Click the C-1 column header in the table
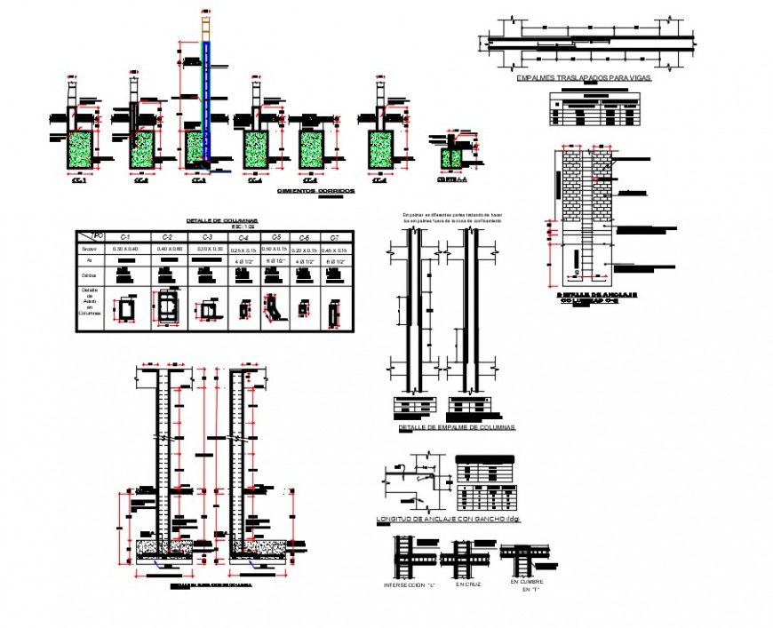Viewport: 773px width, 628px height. [x=125, y=237]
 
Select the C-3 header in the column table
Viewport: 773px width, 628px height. [x=207, y=237]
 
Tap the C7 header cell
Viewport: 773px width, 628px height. [x=334, y=237]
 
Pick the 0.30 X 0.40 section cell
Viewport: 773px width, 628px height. [x=125, y=250]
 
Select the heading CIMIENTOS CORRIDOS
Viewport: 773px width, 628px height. [x=315, y=191]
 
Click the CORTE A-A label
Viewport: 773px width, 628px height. [x=451, y=179]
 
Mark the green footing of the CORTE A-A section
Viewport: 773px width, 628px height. [x=451, y=158]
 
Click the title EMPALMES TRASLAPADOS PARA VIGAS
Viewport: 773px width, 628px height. [x=584, y=78]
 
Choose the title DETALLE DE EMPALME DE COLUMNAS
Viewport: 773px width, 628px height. [x=457, y=427]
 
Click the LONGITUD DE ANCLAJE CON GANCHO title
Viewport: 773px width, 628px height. [x=449, y=519]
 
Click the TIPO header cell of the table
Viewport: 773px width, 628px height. [x=92, y=236]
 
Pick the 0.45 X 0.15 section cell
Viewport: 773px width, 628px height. [x=334, y=250]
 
